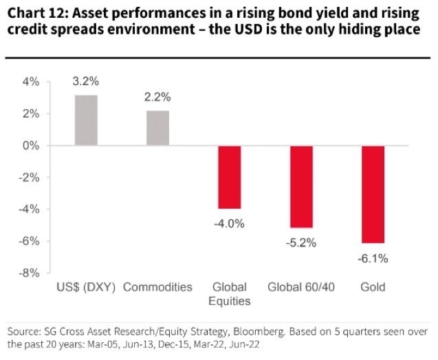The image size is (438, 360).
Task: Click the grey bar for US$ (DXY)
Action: tap(86, 120)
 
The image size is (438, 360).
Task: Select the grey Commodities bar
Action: tap(157, 128)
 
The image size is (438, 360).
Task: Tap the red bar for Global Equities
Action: tap(229, 177)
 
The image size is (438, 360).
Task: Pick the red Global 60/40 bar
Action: tap(301, 187)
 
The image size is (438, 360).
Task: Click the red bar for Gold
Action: tap(373, 194)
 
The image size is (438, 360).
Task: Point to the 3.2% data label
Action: tap(86, 81)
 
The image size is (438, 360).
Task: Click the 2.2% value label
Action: tap(157, 97)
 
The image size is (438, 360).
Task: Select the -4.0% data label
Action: tap(229, 223)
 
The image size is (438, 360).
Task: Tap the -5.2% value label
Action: tap(300, 242)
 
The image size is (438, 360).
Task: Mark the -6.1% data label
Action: tap(373, 258)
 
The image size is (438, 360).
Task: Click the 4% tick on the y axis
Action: tap(32, 82)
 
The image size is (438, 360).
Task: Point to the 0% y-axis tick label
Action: tap(32, 146)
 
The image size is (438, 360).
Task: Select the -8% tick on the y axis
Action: tap(31, 273)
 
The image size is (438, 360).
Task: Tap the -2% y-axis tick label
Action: tap(31, 177)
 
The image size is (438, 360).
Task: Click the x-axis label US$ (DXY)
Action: tap(86, 287)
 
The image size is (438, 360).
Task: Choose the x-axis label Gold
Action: tap(373, 287)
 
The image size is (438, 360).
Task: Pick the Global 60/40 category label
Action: tap(301, 287)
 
